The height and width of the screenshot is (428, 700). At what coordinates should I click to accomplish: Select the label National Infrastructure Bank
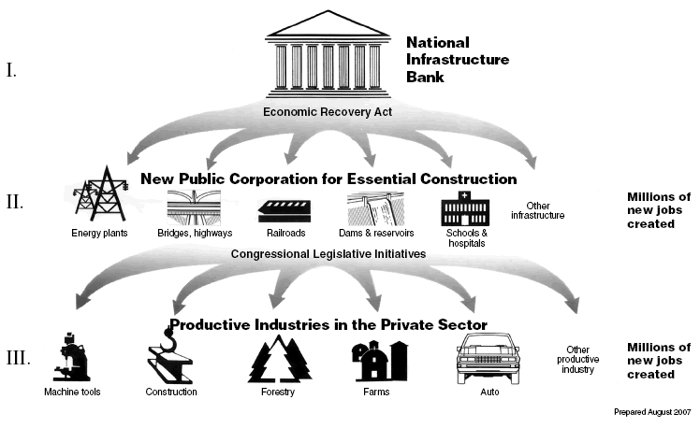[458, 59]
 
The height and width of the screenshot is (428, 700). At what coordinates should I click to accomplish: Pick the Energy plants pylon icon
[101, 197]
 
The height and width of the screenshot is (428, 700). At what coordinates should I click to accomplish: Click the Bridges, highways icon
[195, 206]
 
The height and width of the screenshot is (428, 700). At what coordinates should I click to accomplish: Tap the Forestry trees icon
[278, 358]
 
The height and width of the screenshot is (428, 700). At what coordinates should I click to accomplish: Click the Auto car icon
[486, 357]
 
